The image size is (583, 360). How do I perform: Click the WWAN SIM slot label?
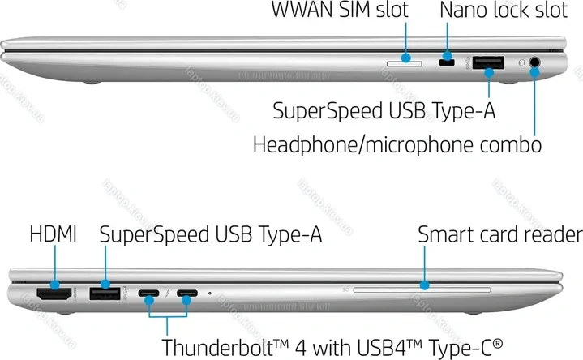[340, 10]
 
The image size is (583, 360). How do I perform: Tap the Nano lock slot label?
[504, 10]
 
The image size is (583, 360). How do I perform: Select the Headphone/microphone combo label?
[397, 145]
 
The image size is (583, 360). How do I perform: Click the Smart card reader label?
[500, 234]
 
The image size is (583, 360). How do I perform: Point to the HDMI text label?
[54, 234]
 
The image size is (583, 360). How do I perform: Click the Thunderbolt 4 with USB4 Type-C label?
[332, 348]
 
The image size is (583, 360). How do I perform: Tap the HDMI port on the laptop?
[54, 294]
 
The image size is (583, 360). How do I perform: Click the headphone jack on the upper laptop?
[534, 62]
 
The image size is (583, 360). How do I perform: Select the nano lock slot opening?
[447, 62]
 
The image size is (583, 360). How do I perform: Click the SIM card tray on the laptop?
[405, 64]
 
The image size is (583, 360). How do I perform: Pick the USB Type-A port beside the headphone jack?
[488, 62]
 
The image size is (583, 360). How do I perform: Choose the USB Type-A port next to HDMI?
[105, 294]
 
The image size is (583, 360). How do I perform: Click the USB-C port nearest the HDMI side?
[148, 293]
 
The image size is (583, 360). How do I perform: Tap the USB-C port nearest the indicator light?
[187, 293]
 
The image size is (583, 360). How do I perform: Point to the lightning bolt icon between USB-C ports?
[168, 293]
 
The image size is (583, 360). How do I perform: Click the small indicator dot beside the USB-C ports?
[210, 293]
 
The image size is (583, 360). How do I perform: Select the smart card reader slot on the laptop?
[422, 289]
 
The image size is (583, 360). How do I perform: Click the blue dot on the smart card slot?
[424, 285]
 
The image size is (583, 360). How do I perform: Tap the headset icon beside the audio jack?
[521, 63]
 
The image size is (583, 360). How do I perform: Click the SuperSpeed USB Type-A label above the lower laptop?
[211, 234]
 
